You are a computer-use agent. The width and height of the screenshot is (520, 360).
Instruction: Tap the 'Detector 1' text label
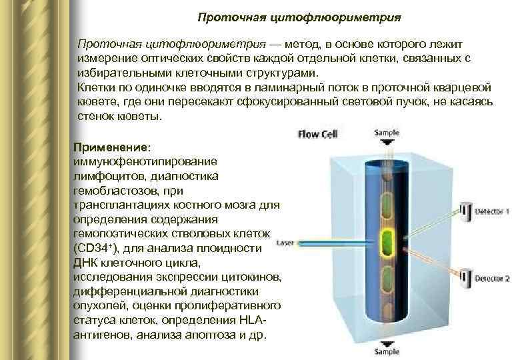492,212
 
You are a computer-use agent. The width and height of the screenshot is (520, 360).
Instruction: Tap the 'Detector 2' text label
492,278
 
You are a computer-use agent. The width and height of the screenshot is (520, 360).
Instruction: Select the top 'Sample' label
387,132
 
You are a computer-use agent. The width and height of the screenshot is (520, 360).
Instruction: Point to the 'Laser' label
285,242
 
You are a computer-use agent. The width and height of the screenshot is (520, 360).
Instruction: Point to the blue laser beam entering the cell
333,242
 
